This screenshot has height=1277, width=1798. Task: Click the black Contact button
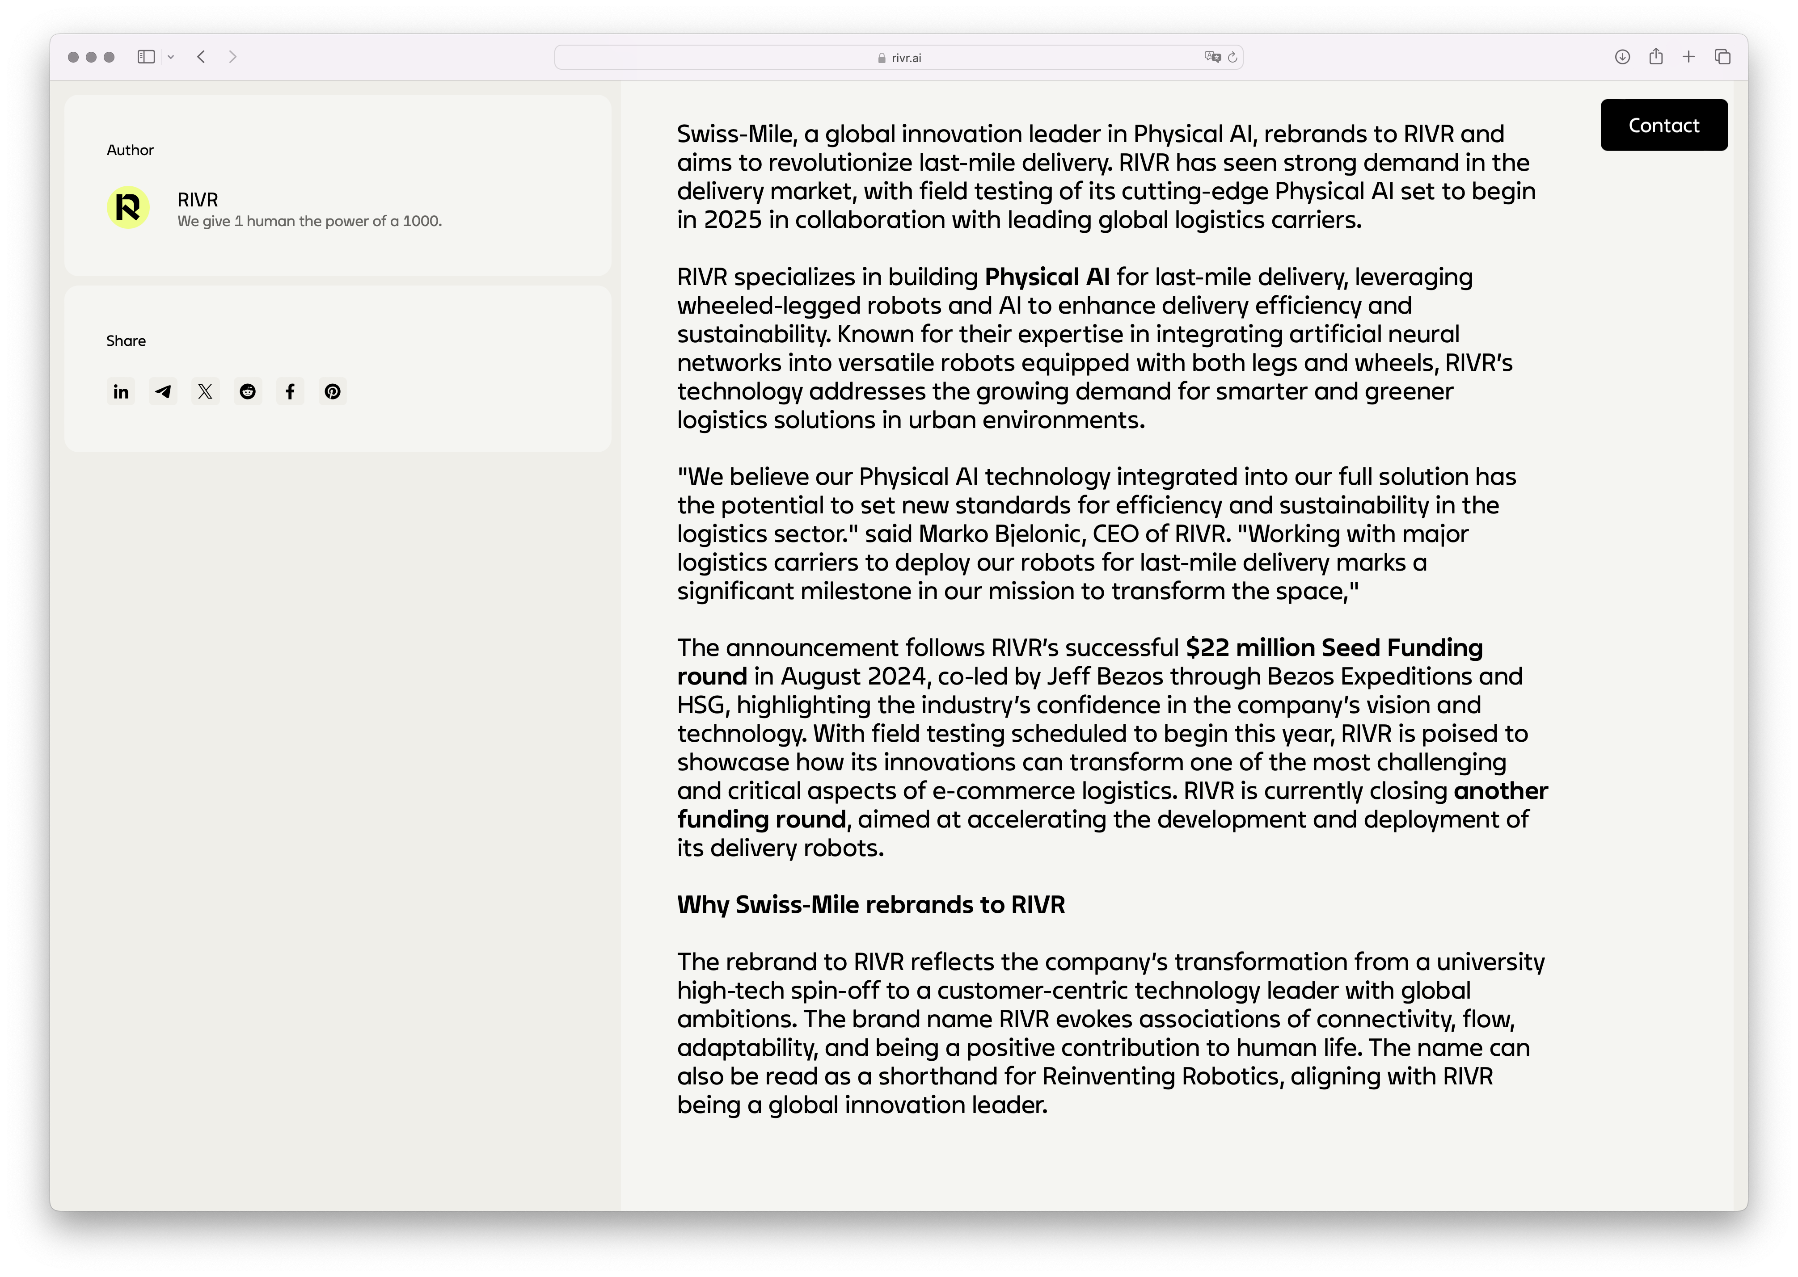[1663, 125]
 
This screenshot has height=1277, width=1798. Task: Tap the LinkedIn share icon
[121, 391]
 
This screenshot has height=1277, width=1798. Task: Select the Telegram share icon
[163, 391]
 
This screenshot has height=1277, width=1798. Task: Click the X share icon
[205, 391]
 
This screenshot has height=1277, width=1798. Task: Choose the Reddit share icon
[248, 391]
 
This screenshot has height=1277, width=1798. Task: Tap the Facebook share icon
[290, 391]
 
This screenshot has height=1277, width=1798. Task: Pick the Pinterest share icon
[333, 391]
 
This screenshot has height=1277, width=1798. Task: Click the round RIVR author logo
[128, 208]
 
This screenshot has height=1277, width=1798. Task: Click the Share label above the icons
[126, 340]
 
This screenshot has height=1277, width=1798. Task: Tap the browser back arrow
[201, 57]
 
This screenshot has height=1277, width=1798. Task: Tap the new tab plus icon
[1688, 57]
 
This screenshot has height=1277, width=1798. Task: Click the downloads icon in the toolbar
[1622, 57]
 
